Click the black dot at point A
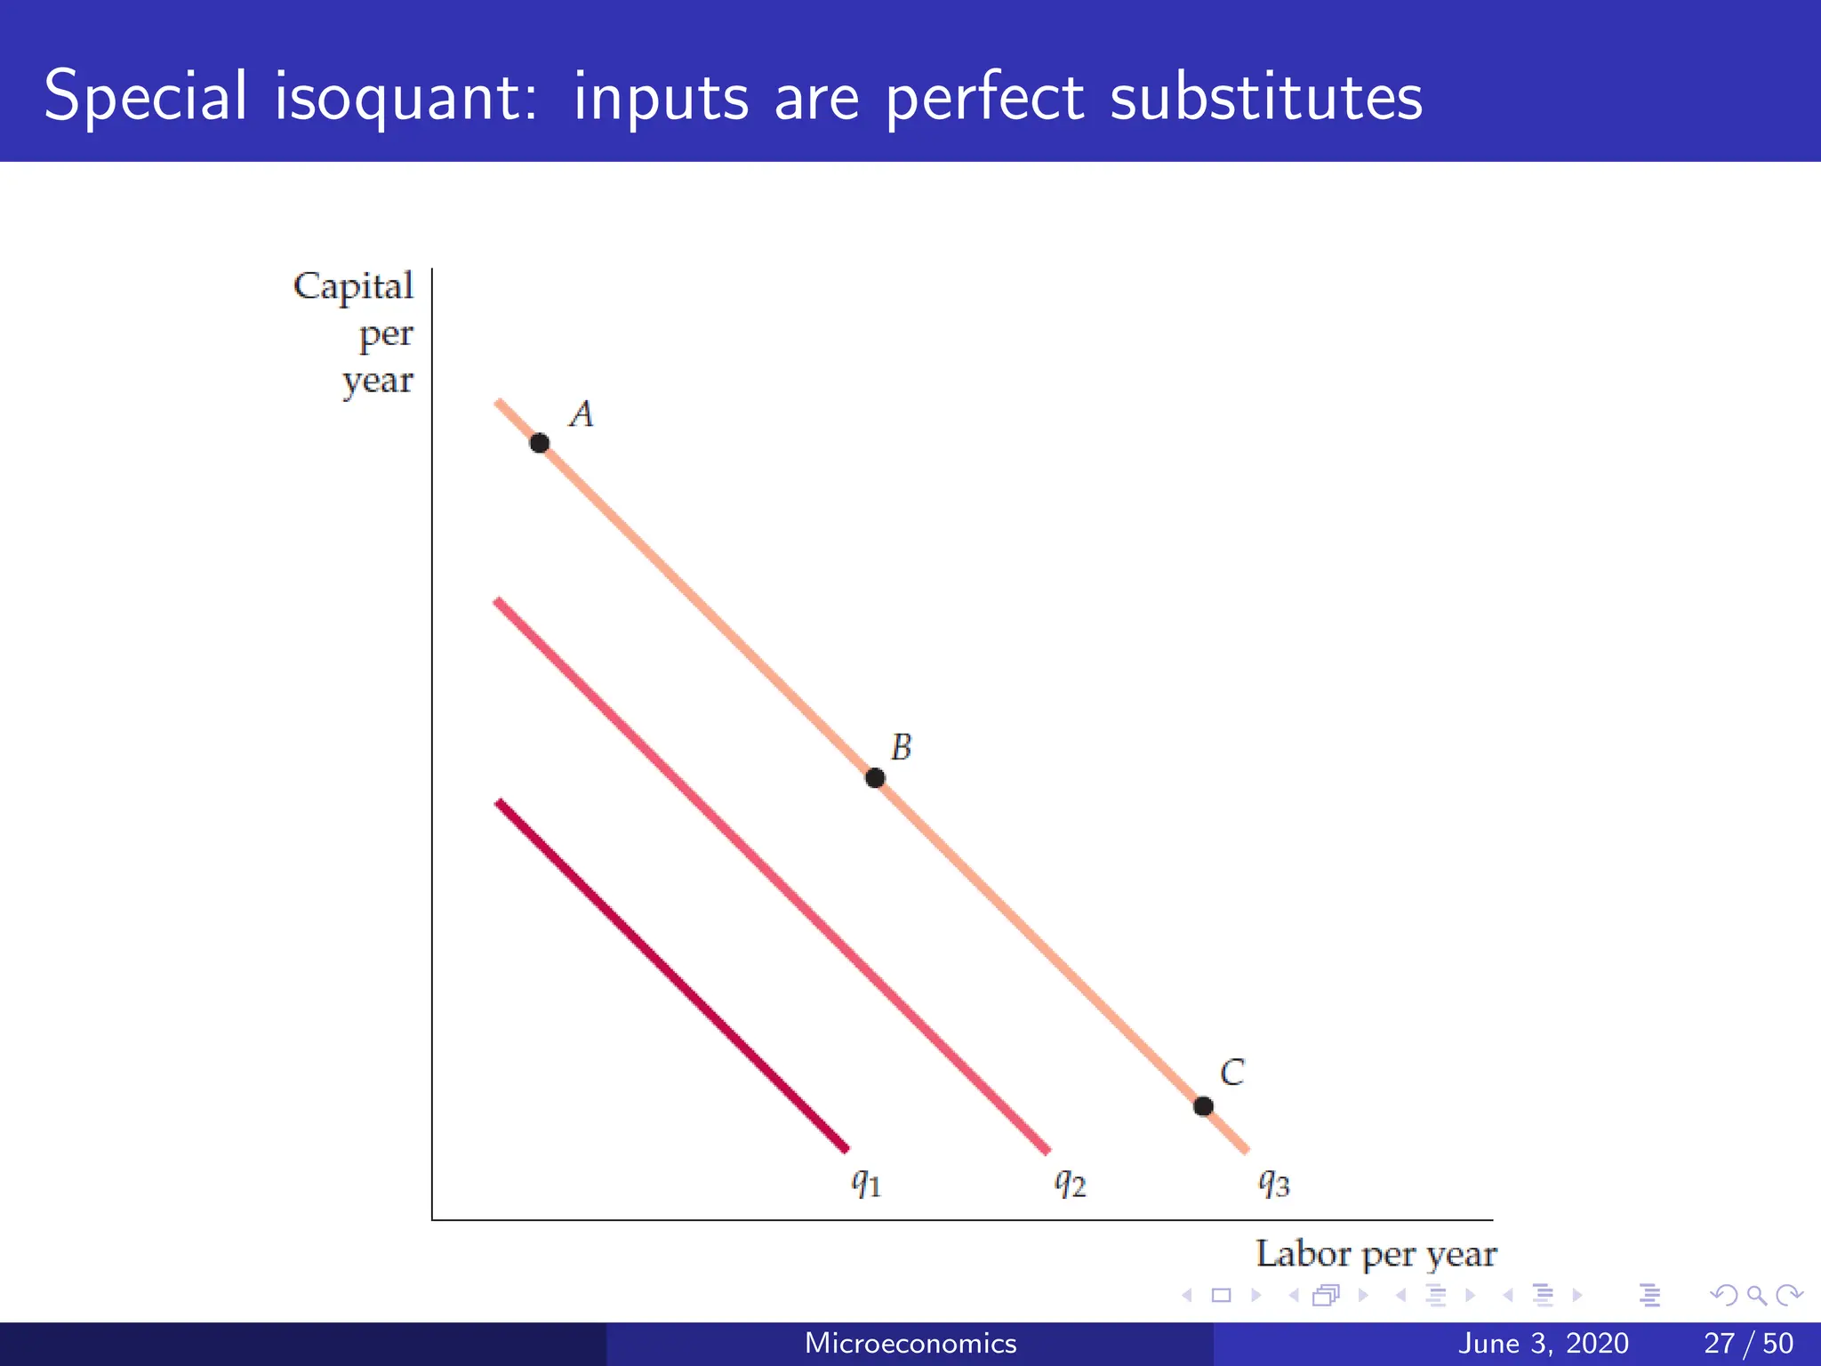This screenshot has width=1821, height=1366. [x=539, y=443]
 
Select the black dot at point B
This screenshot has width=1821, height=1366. [x=875, y=778]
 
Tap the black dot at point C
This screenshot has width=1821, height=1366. [x=1203, y=1106]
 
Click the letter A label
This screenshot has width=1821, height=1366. [x=582, y=414]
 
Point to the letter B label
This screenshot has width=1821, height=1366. [x=902, y=747]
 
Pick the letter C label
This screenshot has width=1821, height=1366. [x=1232, y=1073]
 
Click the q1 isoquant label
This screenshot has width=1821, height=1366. [x=866, y=1183]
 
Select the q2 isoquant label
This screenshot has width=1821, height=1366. [x=1071, y=1183]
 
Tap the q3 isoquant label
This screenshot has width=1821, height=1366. [x=1273, y=1183]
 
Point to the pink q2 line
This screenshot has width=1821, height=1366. [x=772, y=876]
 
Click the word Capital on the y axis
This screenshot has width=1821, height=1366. [x=354, y=287]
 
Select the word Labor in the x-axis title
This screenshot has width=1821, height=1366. [x=1303, y=1254]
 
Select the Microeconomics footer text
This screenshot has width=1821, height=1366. [x=910, y=1343]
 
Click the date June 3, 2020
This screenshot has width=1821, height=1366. [x=1544, y=1343]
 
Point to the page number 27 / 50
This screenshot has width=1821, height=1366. [x=1748, y=1343]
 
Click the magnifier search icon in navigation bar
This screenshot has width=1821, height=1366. [x=1756, y=1296]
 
